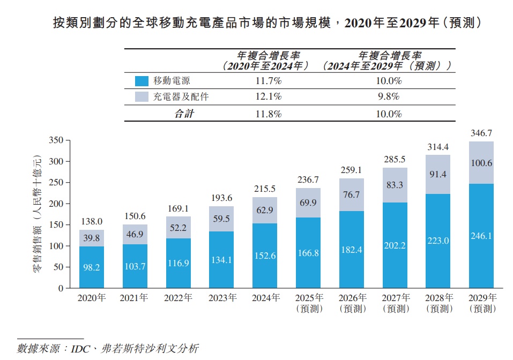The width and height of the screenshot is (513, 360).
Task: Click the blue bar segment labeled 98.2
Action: point(91,267)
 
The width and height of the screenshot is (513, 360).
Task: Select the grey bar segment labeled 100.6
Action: point(481,163)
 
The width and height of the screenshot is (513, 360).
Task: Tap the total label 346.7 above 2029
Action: point(481,133)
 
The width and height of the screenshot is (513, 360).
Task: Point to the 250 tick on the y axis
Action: point(56,183)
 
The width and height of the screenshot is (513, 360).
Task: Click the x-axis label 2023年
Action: point(222,298)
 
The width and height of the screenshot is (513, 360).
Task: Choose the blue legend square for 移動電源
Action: point(142,81)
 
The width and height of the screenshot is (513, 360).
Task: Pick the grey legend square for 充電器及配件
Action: point(142,97)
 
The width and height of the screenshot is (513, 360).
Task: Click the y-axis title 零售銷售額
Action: point(37,214)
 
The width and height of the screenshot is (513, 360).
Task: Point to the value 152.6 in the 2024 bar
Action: point(265,256)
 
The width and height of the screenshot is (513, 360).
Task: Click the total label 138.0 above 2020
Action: point(91,221)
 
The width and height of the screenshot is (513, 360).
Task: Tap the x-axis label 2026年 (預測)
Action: point(352,303)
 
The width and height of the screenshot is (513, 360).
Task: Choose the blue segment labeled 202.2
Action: point(395,245)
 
